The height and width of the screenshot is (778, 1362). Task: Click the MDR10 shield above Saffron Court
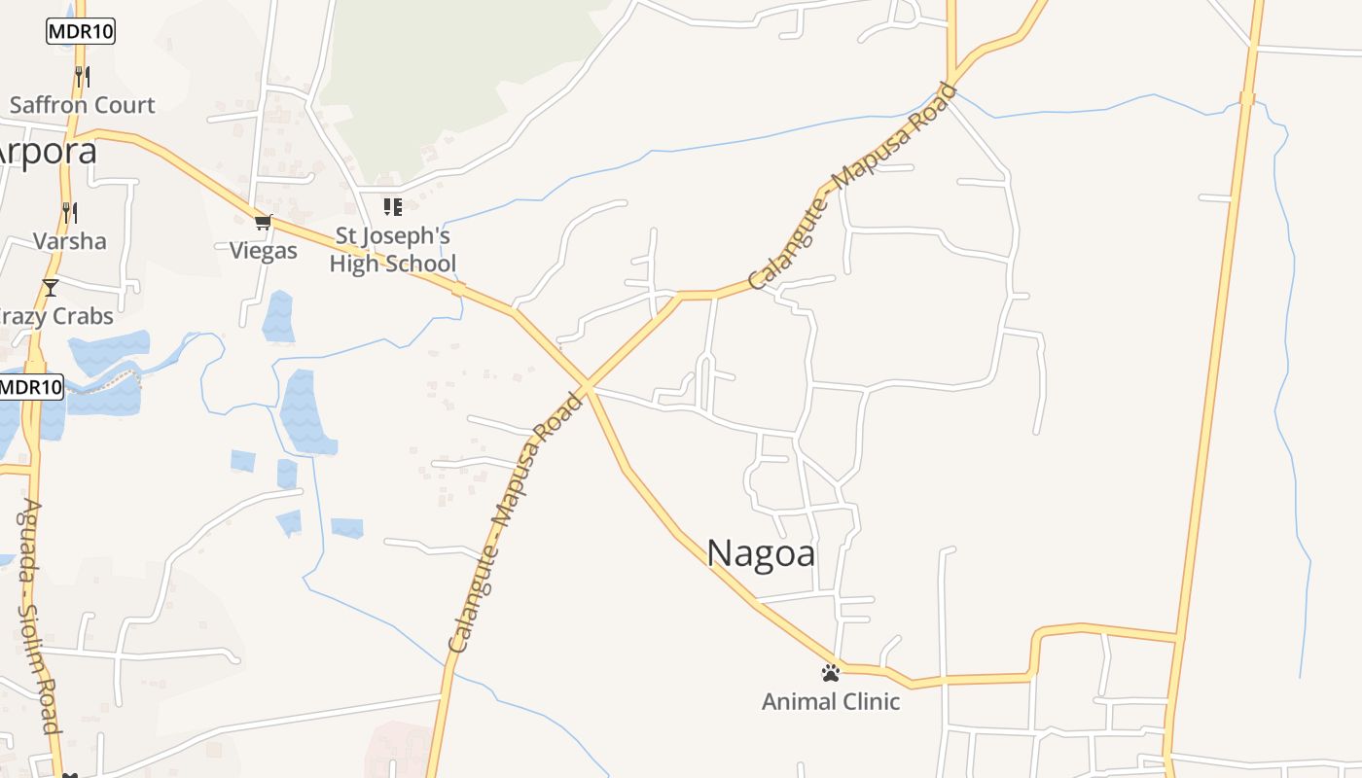pos(81,31)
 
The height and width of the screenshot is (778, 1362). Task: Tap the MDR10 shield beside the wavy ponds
pos(30,387)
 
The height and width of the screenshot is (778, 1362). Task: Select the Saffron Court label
pos(82,105)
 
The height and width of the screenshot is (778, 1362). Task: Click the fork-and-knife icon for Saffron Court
pos(82,76)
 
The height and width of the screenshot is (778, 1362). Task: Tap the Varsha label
pos(70,240)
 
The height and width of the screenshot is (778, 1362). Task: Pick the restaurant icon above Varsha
pos(69,211)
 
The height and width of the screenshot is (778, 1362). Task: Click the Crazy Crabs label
pos(56,316)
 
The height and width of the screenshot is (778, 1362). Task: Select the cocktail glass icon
pos(51,288)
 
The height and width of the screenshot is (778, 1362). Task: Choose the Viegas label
pos(264,251)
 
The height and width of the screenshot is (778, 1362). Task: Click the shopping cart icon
pos(264,223)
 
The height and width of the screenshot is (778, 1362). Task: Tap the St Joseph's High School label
pos(393,250)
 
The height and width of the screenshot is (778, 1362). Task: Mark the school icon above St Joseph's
pos(392,206)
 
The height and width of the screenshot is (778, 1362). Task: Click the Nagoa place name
pos(761,552)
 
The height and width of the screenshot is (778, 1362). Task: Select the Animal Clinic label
pos(831,701)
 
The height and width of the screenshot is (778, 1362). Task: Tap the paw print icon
pos(830,672)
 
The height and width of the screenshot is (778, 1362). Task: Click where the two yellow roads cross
pos(587,387)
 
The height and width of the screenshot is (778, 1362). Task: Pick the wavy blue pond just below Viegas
pos(278,316)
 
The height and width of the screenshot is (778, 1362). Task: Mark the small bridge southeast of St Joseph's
pos(458,289)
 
